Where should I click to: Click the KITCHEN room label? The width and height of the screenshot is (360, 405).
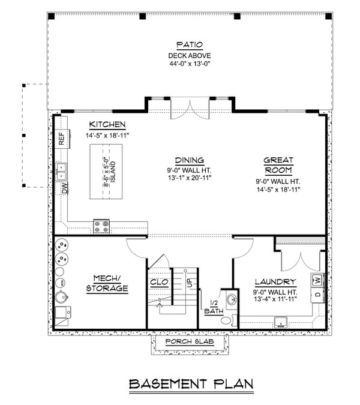(107, 124)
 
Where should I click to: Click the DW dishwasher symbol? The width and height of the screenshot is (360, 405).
(63, 188)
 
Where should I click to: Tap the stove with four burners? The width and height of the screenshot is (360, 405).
(101, 227)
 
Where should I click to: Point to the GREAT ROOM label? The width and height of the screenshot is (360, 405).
(278, 165)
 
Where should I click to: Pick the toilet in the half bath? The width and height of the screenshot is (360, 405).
(226, 320)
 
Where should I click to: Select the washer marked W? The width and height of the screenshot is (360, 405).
(317, 280)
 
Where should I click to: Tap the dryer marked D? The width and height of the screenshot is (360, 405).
(317, 296)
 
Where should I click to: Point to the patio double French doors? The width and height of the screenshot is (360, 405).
(189, 110)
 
